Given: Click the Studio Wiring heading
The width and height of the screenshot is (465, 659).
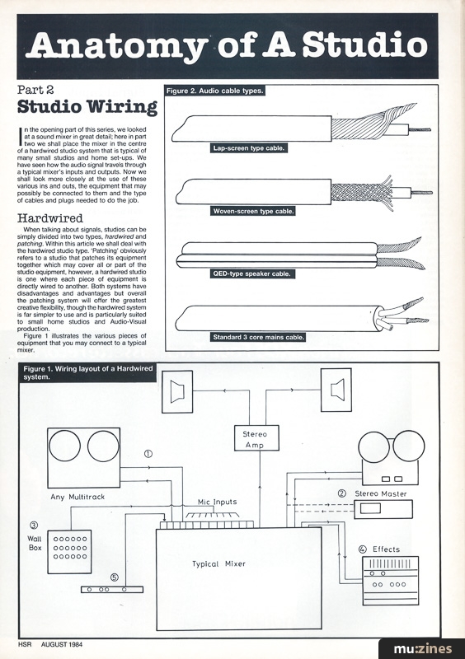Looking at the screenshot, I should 87,108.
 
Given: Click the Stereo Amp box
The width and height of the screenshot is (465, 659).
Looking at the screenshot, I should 257,438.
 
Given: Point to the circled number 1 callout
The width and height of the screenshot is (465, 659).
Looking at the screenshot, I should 148,452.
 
